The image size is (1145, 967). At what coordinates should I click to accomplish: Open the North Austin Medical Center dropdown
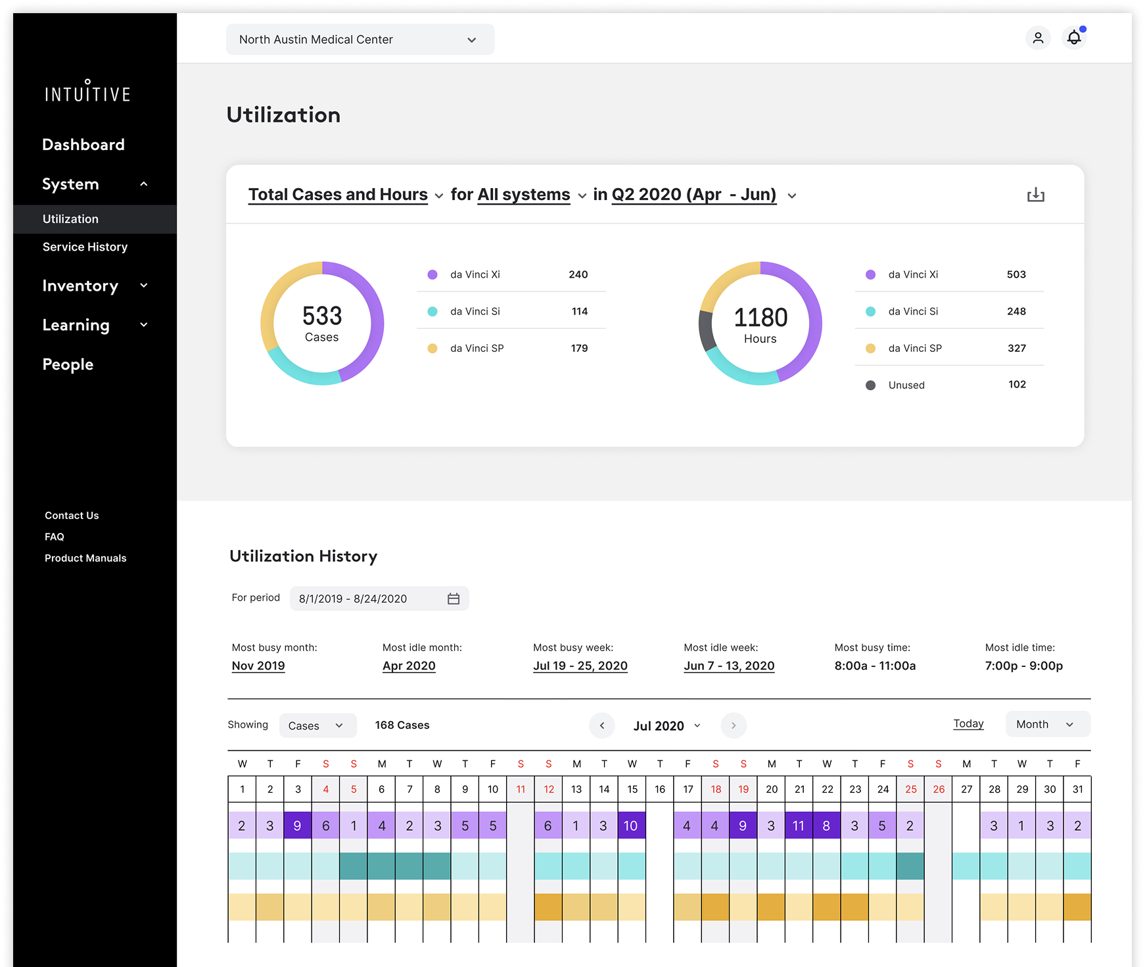(360, 39)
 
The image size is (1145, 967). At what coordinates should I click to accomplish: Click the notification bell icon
(1073, 37)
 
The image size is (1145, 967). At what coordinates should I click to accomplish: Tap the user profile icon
(1038, 37)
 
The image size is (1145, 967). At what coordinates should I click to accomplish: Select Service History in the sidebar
(85, 247)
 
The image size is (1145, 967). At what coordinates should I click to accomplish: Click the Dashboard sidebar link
(83, 145)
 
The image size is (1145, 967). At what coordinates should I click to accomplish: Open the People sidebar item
(68, 364)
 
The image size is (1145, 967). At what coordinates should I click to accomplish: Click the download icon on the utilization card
(1035, 195)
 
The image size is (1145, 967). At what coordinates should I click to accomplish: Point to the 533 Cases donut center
(322, 323)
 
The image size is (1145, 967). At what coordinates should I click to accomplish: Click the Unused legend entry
(906, 385)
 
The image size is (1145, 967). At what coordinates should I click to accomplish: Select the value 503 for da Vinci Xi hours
(1016, 274)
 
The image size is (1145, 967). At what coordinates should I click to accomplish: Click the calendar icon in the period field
(454, 599)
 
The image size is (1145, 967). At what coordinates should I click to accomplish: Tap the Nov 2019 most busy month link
(258, 666)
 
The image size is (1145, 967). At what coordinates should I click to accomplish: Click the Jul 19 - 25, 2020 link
(580, 666)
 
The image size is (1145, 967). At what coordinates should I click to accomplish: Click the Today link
(968, 724)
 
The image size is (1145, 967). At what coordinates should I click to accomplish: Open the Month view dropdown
(1047, 724)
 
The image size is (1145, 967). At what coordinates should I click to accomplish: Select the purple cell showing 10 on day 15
(631, 826)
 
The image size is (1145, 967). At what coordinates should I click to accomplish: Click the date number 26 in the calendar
(938, 789)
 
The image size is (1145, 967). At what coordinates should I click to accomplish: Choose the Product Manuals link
(85, 558)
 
